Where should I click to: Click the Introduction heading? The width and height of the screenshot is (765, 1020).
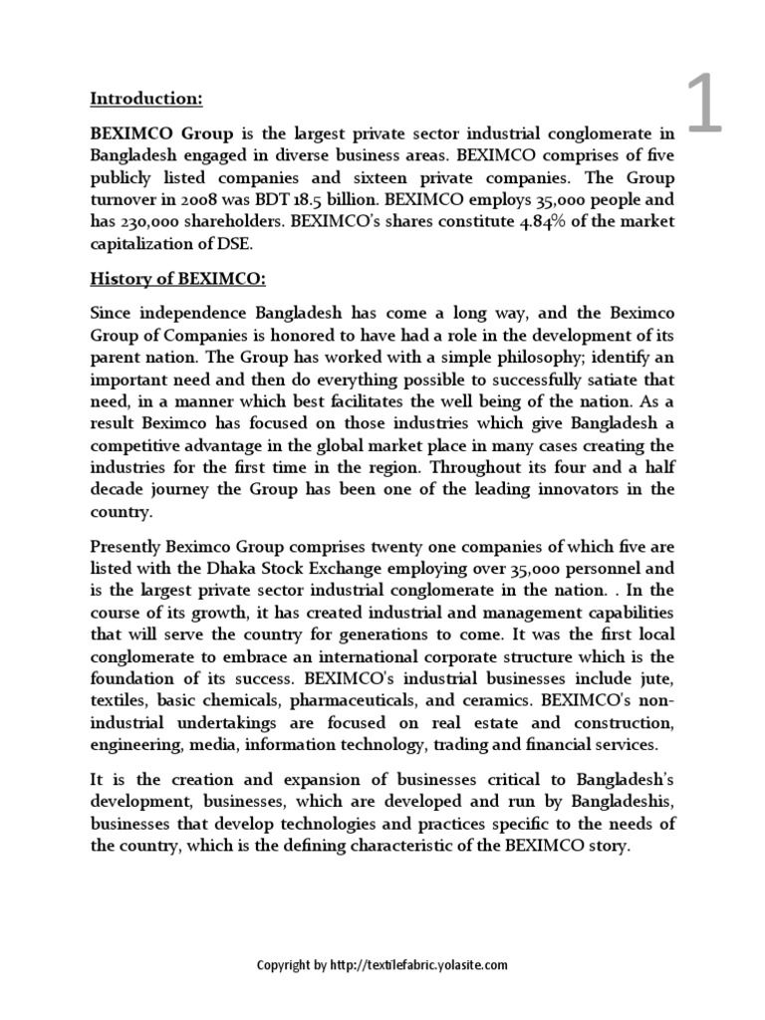pyautogui.click(x=146, y=99)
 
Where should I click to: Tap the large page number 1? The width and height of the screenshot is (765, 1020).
pyautogui.click(x=703, y=107)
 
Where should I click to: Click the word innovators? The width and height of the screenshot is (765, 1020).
pyautogui.click(x=559, y=489)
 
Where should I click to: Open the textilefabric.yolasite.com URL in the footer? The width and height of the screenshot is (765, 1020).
pyautogui.click(x=419, y=964)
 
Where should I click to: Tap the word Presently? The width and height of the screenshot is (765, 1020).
pyautogui.click(x=129, y=547)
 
